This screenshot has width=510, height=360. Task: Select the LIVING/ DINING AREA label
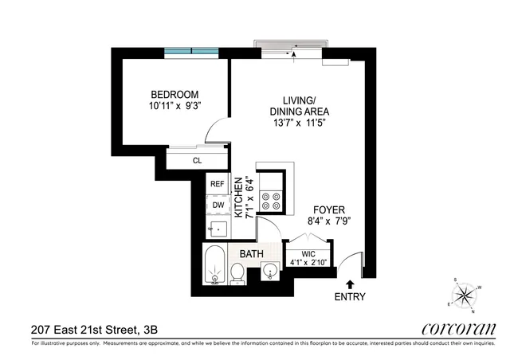tap(300, 106)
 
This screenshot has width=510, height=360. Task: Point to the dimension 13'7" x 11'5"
tap(300, 123)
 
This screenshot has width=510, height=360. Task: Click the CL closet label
tap(197, 160)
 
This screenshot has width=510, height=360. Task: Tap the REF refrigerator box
tap(217, 184)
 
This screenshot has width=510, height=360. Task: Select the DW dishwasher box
tap(217, 205)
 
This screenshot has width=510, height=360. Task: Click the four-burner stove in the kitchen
tap(270, 198)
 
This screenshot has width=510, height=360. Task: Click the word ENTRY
tap(351, 297)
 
